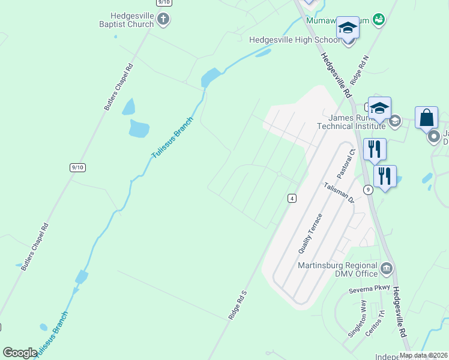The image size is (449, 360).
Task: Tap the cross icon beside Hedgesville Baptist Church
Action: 163,20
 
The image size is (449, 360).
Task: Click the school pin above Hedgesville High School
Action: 348,28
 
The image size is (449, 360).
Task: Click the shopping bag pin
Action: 426,117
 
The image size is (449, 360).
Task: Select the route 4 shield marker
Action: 292,199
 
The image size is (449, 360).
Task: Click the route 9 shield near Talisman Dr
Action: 369,190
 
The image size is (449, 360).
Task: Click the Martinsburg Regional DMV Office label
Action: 338,270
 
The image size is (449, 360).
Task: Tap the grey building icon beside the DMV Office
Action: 387,268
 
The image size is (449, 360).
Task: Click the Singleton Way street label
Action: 355,319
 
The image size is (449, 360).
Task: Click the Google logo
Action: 20,353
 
